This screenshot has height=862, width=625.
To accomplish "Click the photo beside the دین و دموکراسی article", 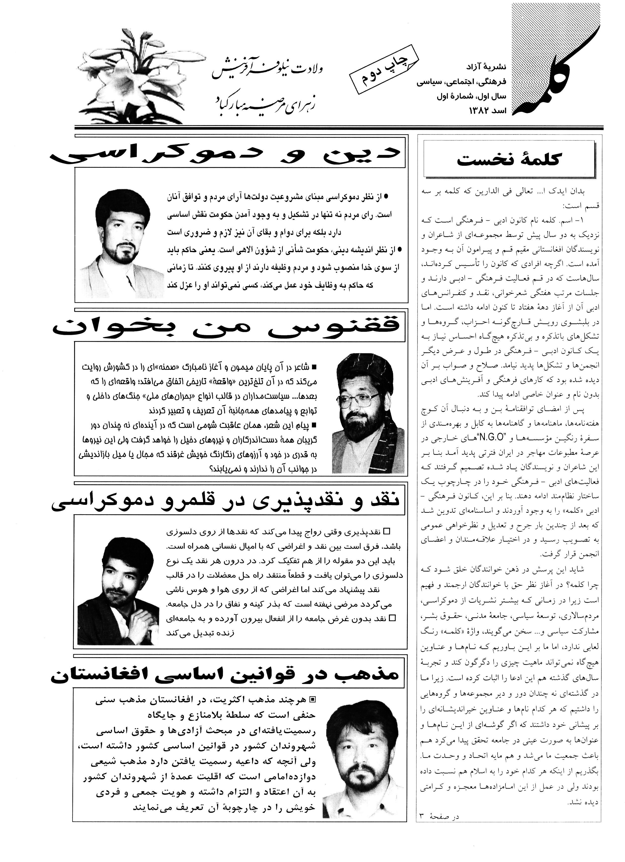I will pyautogui.click(x=121, y=243).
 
